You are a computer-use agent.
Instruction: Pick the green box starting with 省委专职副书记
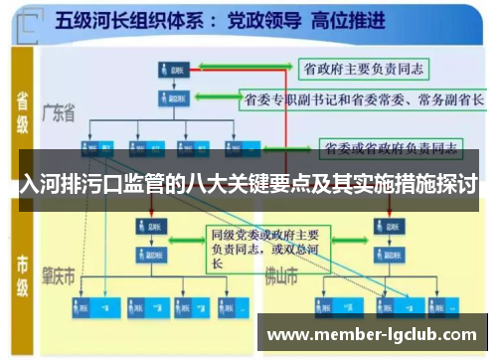(x=362, y=99)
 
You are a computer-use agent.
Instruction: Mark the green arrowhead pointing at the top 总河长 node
(x=192, y=70)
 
